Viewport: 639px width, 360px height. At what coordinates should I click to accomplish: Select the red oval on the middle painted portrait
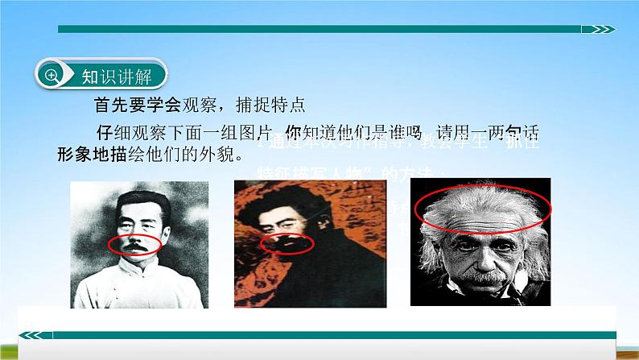pos(287,243)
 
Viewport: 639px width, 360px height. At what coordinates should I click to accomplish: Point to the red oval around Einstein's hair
pos(482,209)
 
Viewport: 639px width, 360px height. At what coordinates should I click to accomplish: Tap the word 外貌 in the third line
pos(224,153)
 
